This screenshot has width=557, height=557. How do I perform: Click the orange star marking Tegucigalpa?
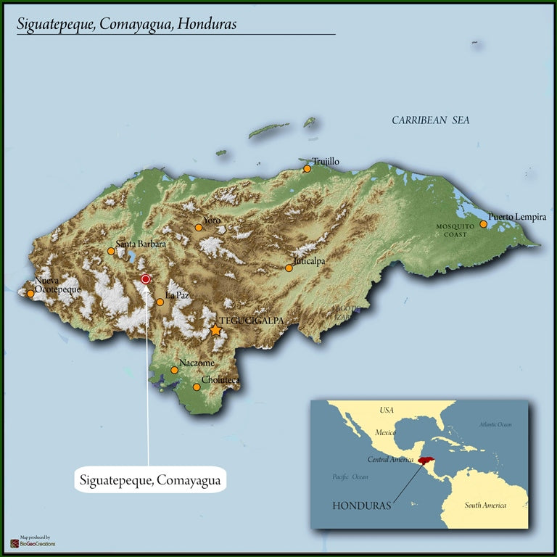pyautogui.click(x=215, y=330)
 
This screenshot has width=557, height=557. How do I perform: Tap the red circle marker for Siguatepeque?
pyautogui.click(x=145, y=278)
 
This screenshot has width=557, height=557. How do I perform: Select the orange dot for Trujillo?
pyautogui.click(x=307, y=168)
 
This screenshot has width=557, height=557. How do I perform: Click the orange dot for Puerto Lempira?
pyautogui.click(x=483, y=224)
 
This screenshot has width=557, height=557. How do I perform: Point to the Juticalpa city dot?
pyautogui.click(x=289, y=268)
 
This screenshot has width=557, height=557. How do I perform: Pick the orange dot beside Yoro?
pyautogui.click(x=198, y=227)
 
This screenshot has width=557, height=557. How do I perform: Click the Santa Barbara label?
pyautogui.click(x=141, y=244)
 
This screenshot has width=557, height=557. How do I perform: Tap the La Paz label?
pyautogui.click(x=177, y=296)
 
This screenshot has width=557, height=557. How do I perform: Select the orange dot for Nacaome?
pyautogui.click(x=174, y=370)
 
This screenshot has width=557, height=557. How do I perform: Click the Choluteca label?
pyautogui.click(x=220, y=379)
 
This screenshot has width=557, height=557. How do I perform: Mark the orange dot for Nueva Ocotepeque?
pyautogui.click(x=30, y=294)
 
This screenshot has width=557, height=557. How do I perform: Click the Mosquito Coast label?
pyautogui.click(x=455, y=230)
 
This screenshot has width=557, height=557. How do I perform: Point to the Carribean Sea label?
pyautogui.click(x=430, y=120)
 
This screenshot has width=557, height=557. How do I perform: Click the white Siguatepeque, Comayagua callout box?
pyautogui.click(x=150, y=480)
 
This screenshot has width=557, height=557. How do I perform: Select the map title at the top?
pyautogui.click(x=127, y=24)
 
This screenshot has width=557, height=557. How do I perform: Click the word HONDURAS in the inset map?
pyautogui.click(x=361, y=504)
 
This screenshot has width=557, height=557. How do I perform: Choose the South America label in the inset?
pyautogui.click(x=485, y=506)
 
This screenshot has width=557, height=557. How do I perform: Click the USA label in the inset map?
pyautogui.click(x=387, y=410)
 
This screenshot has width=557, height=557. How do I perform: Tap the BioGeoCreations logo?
pyautogui.click(x=33, y=542)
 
